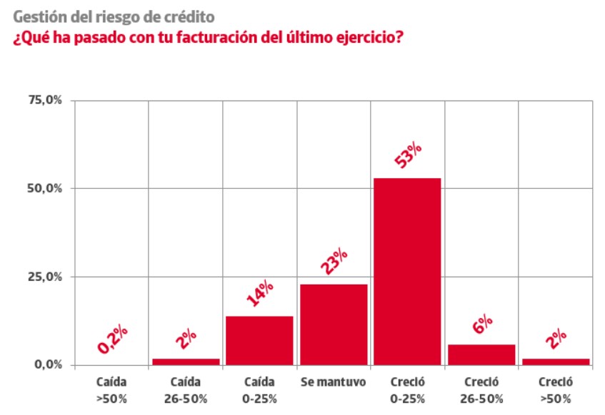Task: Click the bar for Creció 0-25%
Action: pos(407,271)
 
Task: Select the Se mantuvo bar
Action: pos(334,324)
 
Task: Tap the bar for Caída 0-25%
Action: pos(259,341)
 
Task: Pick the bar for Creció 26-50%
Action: pos(481,354)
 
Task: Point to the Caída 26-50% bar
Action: pos(186,362)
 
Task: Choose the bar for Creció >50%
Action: pos(556,362)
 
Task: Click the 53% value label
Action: pos(408,155)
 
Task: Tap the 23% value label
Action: pos(334,261)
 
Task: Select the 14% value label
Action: pos(260,293)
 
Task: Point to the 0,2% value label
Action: pos(113,339)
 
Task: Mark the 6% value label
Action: pos(482,324)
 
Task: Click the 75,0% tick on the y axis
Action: pos(45,101)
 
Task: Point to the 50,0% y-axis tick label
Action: pos(45,188)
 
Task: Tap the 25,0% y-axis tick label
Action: pos(45,277)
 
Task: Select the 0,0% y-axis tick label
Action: pos(49,364)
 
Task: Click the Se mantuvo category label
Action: pos(334,382)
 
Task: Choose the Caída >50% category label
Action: pos(111,390)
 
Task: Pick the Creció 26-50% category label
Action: pos(481,390)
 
